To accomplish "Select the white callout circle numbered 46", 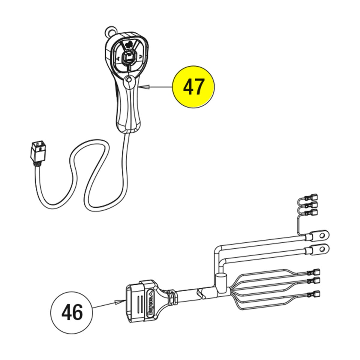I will point(72,312).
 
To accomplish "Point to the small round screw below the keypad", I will point(129,79).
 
